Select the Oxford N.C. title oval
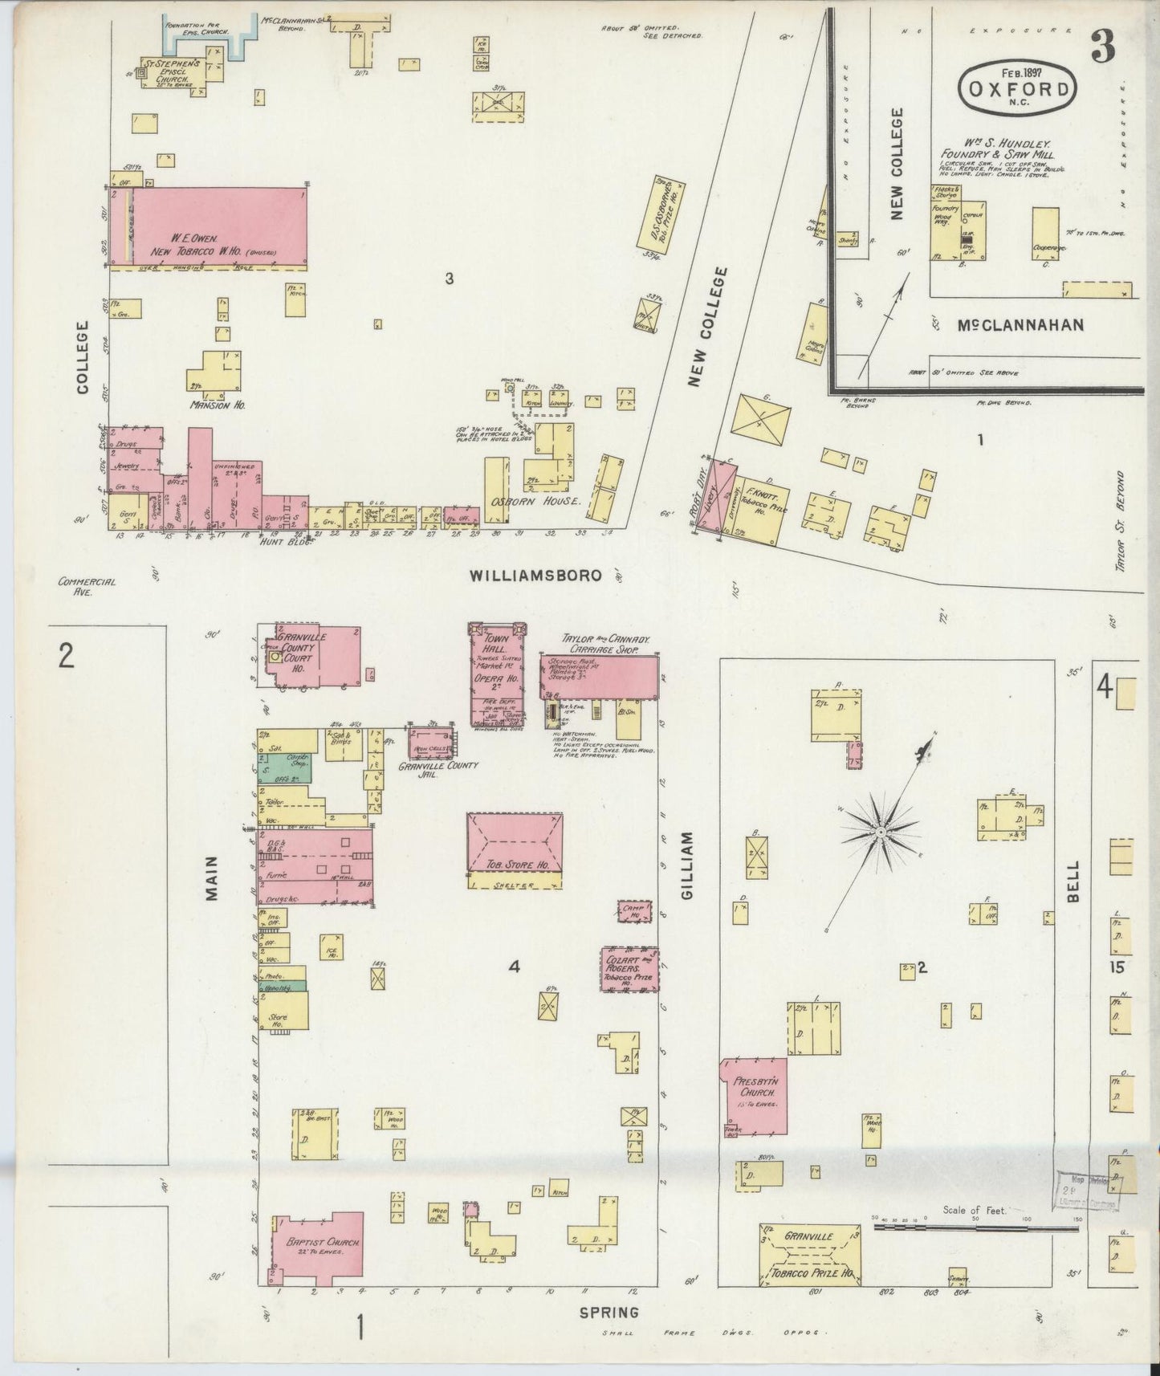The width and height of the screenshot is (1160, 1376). (x=1017, y=88)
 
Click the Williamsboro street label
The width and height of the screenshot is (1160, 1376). (x=535, y=576)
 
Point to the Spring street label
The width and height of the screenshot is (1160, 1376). (x=609, y=1313)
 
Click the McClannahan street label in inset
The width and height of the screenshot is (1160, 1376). (x=1021, y=324)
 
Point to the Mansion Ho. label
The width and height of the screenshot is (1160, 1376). (x=217, y=405)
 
